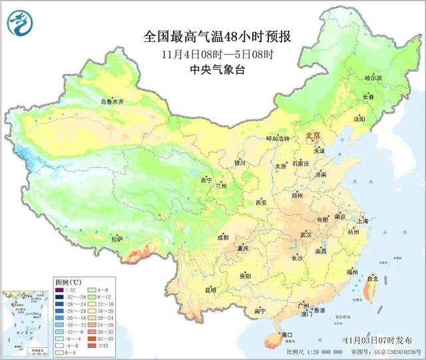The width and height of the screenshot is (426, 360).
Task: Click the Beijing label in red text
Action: point(313,136)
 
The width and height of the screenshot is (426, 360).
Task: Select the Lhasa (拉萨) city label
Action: point(117,239)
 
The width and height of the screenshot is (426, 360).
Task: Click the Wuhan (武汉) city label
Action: point(306,235)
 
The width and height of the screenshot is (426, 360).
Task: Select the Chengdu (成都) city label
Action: point(222,238)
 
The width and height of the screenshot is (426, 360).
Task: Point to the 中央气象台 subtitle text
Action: point(213,69)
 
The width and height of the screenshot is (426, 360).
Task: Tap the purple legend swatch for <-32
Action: point(59,289)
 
